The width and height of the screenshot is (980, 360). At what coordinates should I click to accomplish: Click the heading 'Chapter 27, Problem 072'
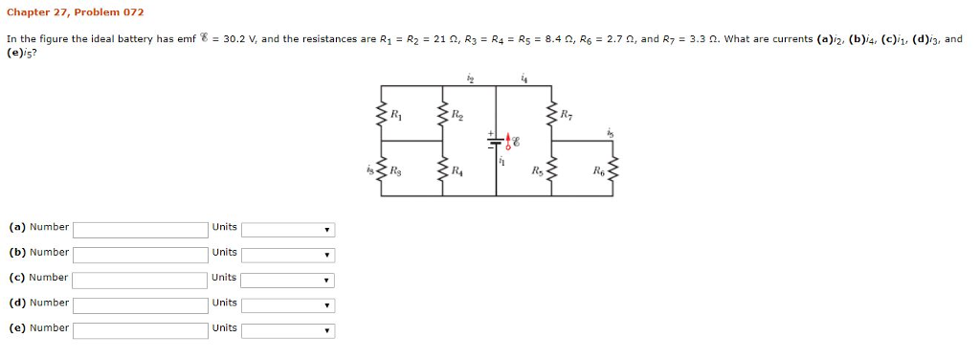75,12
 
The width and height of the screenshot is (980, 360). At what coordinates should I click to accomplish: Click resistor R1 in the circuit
383,117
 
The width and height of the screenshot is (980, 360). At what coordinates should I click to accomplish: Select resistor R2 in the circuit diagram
441,117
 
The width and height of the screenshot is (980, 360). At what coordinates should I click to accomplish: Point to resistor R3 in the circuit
383,172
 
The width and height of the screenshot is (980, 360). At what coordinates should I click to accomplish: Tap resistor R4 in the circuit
441,172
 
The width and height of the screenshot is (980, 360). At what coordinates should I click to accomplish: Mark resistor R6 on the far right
613,172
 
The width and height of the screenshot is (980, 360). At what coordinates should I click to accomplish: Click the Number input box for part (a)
140,230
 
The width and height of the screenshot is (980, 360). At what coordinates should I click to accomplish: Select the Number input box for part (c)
140,280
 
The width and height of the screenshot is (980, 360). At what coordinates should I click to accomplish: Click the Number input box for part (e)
140,330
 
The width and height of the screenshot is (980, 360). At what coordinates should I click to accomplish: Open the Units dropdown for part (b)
287,255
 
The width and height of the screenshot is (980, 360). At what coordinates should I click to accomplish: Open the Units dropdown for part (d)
287,305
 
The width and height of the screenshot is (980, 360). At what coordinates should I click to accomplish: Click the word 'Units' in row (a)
225,227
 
